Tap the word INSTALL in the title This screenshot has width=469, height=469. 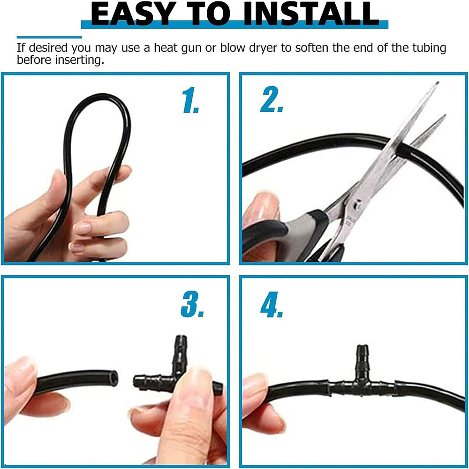(x=311, y=14)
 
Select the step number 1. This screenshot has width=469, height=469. (x=191, y=100)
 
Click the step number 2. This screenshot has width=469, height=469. (x=272, y=99)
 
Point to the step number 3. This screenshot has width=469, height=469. (x=192, y=304)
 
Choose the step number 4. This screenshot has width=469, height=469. (x=272, y=304)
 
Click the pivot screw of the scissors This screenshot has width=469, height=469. (x=356, y=205)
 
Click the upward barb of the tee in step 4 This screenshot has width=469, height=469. (x=363, y=356)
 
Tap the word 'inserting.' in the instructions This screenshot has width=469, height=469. (x=80, y=61)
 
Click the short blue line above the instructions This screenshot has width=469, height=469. (x=49, y=38)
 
